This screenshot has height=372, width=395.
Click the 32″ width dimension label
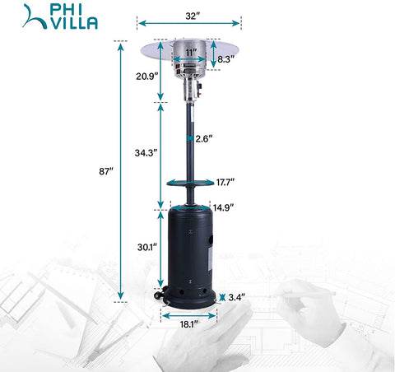tap(191, 16)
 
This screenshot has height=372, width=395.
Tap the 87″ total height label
tap(106, 171)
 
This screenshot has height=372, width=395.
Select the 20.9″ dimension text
tap(147, 77)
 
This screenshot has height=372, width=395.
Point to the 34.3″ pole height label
tap(146, 153)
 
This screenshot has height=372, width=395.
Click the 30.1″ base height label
tap(147, 247)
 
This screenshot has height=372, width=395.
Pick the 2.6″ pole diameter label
tap(204, 139)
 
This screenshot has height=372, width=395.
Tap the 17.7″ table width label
tap(225, 182)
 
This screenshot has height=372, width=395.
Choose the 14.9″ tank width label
tap(223, 207)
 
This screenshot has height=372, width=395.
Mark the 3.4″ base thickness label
tap(236, 297)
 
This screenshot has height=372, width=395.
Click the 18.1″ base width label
tap(189, 324)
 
